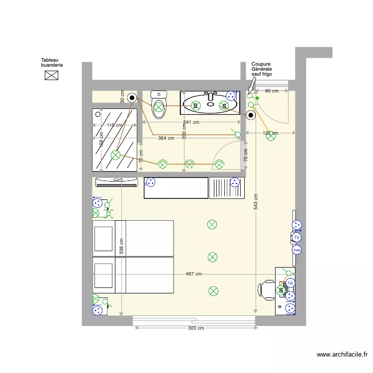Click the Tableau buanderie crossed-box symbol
pos(51,75)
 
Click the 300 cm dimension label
pos(195,328)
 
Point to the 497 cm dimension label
pos(193,274)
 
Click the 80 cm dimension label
pos(271,91)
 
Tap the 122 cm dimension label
pos(270,133)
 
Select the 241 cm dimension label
pos(191,122)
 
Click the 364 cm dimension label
pos(166,138)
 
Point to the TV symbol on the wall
pos(296,238)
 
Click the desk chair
pos(268,290)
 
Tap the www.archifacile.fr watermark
pos(342,355)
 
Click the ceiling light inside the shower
pos(115,155)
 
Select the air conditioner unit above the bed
pos(116,182)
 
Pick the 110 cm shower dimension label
pos(114,125)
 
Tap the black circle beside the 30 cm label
pos(132,97)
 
